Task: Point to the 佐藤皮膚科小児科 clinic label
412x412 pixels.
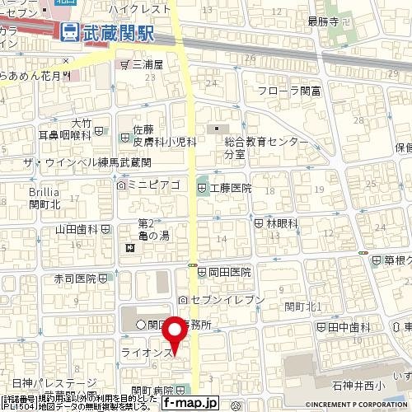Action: click(x=164, y=135)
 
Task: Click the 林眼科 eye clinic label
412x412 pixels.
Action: click(x=275, y=222)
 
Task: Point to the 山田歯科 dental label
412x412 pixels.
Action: click(x=77, y=230)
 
